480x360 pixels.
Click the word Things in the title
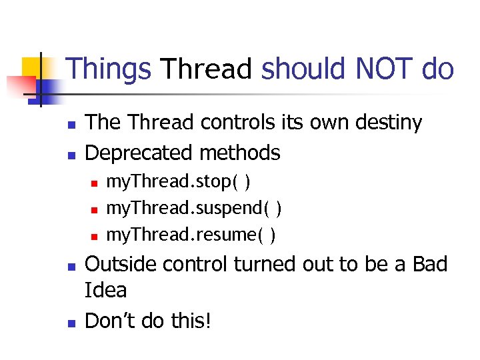[x=109, y=69]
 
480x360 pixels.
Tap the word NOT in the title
[x=387, y=69]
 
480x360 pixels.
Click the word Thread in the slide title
[x=207, y=69]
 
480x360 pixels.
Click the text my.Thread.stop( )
[x=179, y=182]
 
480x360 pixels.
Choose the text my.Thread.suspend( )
[x=194, y=209]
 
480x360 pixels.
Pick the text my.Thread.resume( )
[x=191, y=235]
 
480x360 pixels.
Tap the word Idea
[x=106, y=291]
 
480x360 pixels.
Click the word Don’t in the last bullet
[x=107, y=321]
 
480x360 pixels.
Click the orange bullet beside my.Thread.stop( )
[x=94, y=183]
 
